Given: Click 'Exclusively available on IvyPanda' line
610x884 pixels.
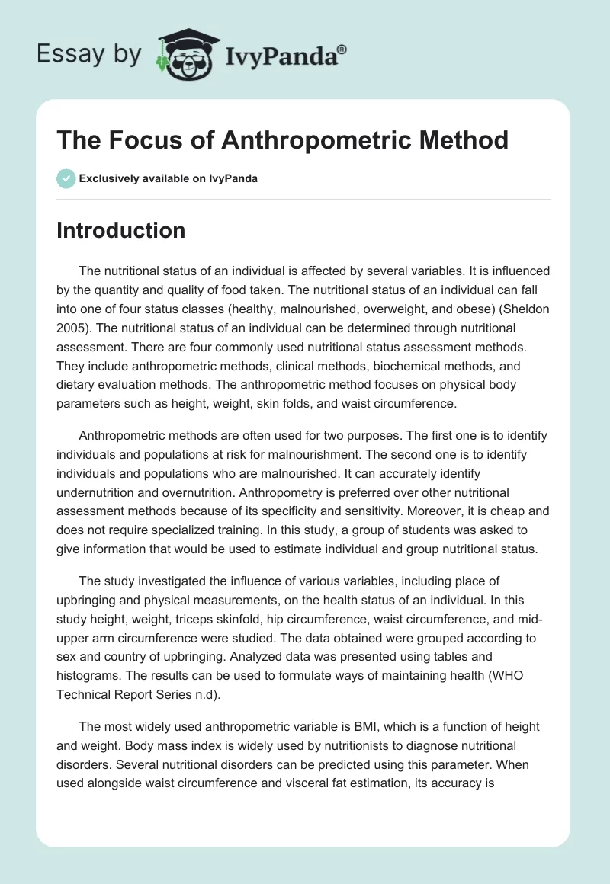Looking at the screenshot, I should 168,178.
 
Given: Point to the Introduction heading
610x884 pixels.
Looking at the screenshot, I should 120,231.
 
